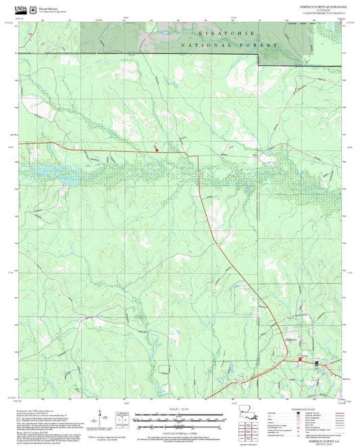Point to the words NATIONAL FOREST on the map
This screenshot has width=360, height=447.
230,45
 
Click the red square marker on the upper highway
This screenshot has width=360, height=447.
157,150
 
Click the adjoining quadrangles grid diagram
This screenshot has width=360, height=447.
252,438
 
